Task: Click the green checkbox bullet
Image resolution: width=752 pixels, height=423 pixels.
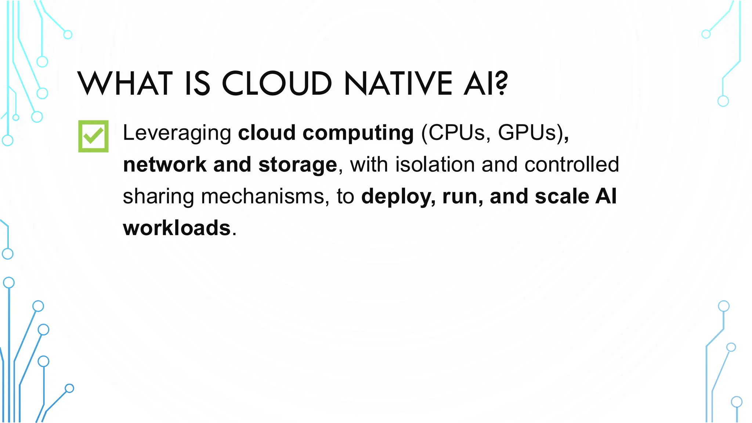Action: [x=93, y=136]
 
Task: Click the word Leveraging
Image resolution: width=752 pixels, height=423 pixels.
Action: [x=177, y=133]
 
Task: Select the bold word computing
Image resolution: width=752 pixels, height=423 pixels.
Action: [x=358, y=133]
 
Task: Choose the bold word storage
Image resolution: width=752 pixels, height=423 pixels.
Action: [x=297, y=165]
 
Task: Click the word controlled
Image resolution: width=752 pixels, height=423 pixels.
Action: [x=572, y=164]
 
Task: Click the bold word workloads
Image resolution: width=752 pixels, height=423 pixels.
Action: [x=177, y=228]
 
